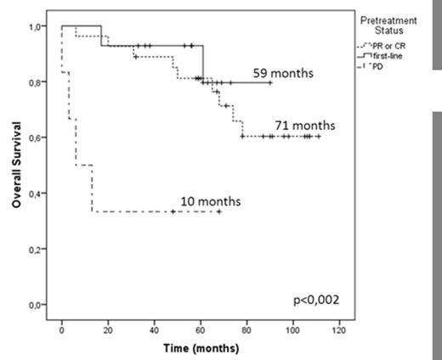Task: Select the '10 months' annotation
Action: tap(210, 201)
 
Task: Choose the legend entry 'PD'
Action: tap(391, 64)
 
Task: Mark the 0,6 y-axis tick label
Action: tap(37, 138)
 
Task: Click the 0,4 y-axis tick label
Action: tap(37, 194)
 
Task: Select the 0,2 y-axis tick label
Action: tap(37, 249)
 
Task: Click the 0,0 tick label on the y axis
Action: tap(37, 304)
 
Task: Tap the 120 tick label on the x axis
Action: tap(339, 328)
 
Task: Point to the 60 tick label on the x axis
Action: tap(201, 328)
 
